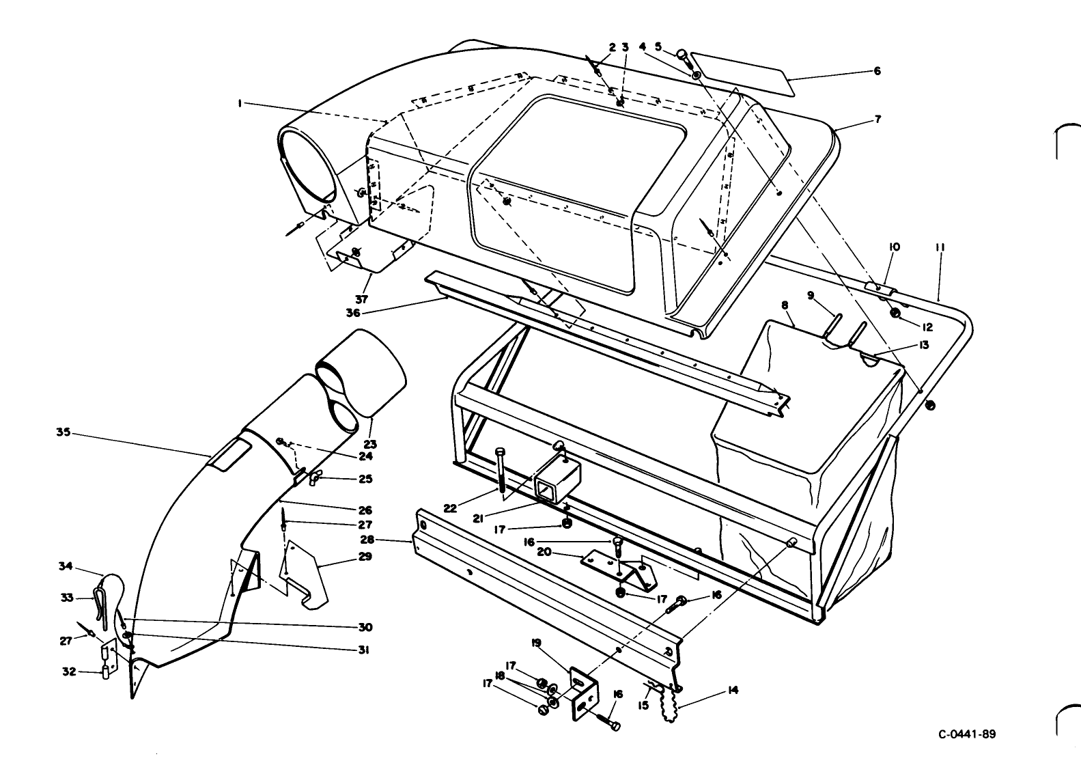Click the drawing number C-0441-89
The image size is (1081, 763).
tap(967, 734)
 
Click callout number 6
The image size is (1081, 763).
tap(877, 71)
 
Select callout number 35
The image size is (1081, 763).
tap(64, 432)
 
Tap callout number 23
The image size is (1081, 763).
tap(370, 444)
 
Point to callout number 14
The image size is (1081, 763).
tap(733, 691)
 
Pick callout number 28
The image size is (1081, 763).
tap(368, 538)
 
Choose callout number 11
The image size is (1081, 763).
tap(940, 247)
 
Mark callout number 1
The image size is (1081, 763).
tap(240, 103)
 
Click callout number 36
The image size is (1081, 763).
tap(353, 313)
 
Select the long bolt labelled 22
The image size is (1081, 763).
tap(501, 473)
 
